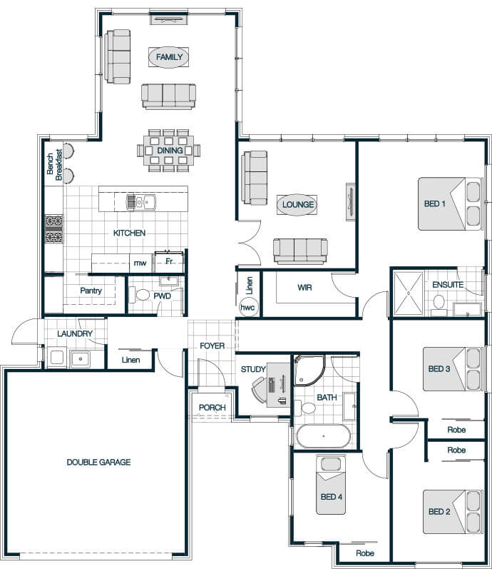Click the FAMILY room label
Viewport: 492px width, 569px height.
169,57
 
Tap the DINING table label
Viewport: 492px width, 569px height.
170,150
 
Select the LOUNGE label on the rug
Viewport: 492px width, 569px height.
297,205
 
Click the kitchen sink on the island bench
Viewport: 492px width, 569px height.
140,202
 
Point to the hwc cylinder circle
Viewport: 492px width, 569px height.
247,308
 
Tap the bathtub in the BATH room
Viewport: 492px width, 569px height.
324,435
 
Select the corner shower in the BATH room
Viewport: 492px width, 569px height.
308,370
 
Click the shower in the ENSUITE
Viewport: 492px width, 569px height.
409,293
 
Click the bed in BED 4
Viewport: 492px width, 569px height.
331,485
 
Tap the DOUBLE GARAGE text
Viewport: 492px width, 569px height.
98,463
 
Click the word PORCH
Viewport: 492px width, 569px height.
212,408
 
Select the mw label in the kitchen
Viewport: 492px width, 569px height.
140,263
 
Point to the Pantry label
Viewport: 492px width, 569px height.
91,291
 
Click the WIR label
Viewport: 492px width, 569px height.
304,288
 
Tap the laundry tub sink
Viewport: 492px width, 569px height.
81,359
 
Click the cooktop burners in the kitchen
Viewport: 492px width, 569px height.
54,229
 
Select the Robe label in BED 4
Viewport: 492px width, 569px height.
365,553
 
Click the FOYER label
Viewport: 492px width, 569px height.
212,346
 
